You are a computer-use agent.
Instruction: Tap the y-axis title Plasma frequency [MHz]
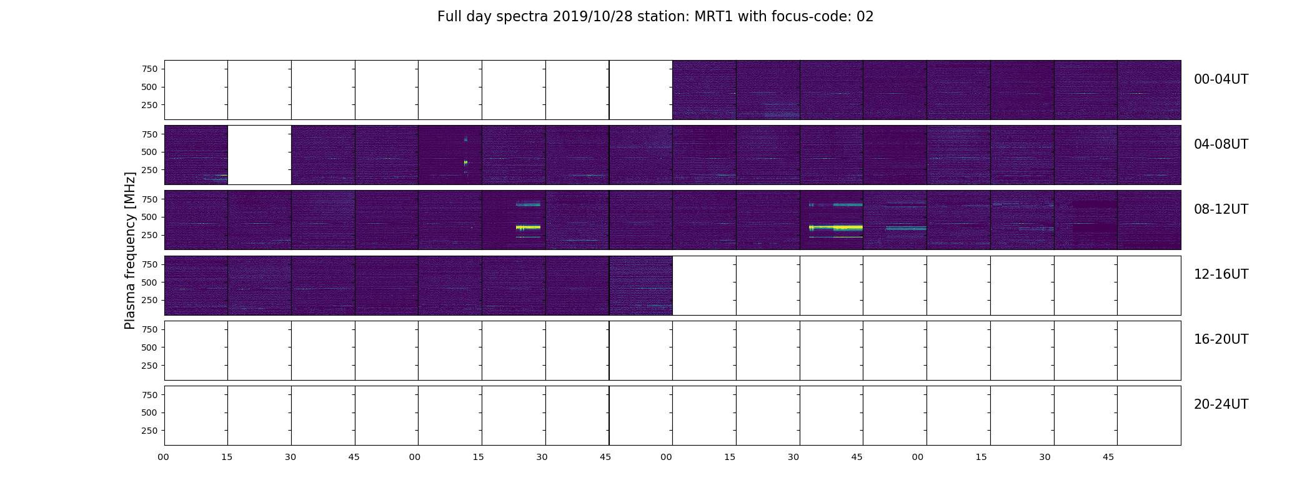point(130,251)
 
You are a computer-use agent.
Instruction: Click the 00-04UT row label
point(1221,79)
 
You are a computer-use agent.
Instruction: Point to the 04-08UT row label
point(1221,144)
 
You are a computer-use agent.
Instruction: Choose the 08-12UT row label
point(1221,209)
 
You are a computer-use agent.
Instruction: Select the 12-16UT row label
point(1221,274)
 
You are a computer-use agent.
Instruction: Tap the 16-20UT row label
point(1221,339)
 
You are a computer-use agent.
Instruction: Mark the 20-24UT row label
point(1221,404)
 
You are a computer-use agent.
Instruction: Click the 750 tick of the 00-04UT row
point(149,69)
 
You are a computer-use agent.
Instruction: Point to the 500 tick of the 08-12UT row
point(149,217)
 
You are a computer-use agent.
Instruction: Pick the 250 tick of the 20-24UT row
point(149,431)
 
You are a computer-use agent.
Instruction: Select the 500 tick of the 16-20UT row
point(149,347)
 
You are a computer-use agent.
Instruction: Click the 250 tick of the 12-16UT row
point(149,301)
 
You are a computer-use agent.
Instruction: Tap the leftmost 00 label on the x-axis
point(164,457)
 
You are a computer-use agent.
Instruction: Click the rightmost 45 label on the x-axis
point(1108,457)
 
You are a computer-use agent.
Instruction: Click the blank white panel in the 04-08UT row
point(259,155)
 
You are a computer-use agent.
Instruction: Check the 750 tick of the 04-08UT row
point(149,134)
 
